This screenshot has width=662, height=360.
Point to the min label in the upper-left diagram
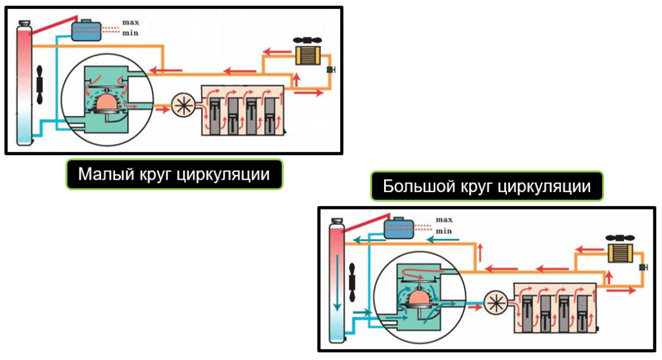(131, 33)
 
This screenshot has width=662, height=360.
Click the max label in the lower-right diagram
(443, 220)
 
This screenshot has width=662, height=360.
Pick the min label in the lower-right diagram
(443, 230)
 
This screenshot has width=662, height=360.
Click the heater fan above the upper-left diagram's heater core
(307, 39)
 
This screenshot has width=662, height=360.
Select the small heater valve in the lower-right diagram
(643, 266)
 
